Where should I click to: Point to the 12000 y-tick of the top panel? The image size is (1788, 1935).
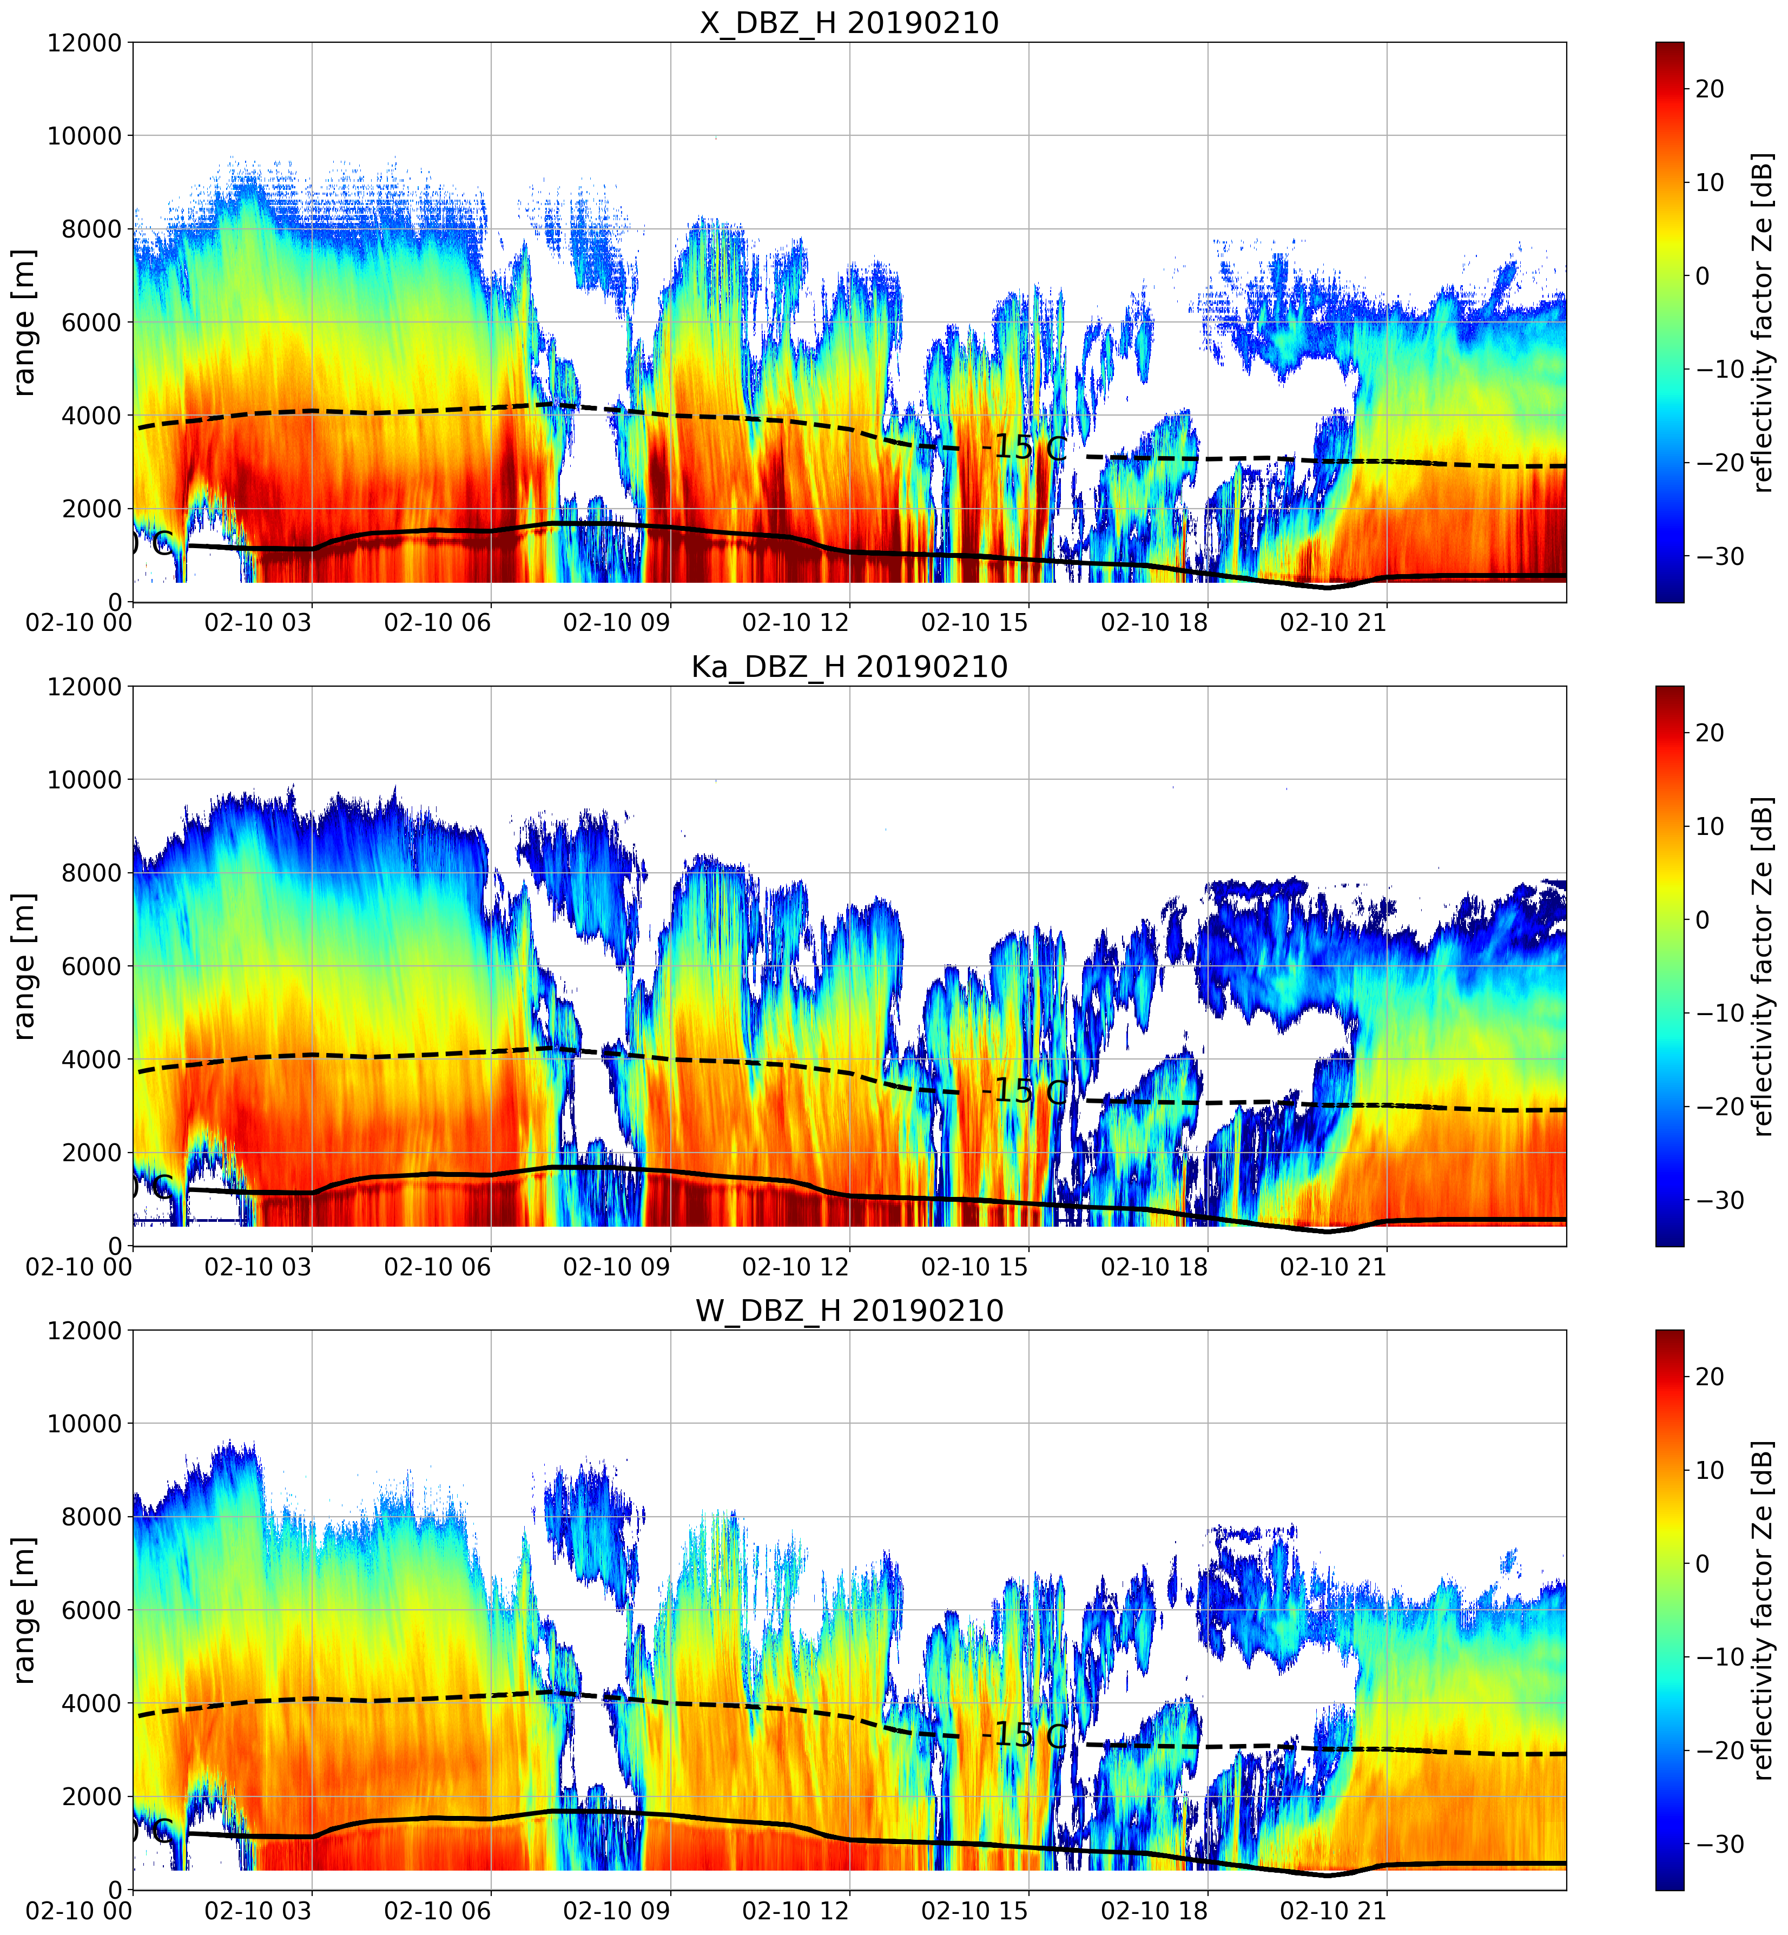(84, 43)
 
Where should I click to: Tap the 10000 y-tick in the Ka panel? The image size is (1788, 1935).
(84, 780)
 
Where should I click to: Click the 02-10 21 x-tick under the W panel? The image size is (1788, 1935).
(1333, 1911)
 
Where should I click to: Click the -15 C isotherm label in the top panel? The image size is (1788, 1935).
(1025, 447)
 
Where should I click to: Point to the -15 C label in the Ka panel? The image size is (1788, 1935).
(1025, 1091)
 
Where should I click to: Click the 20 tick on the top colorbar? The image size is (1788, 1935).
(1710, 89)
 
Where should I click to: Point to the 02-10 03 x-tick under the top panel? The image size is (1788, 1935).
(259, 623)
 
